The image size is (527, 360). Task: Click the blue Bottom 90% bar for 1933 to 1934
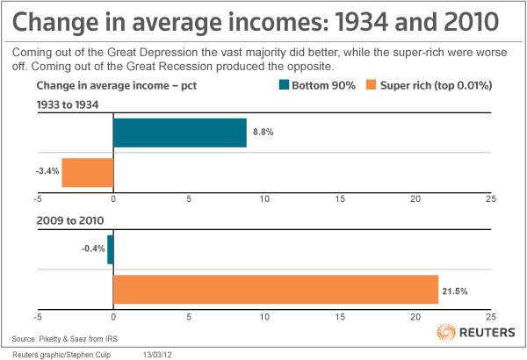(x=180, y=132)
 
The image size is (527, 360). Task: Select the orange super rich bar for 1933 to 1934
(x=88, y=171)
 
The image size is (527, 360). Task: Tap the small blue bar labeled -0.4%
(x=110, y=249)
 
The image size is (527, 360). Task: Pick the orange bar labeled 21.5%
(x=275, y=289)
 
